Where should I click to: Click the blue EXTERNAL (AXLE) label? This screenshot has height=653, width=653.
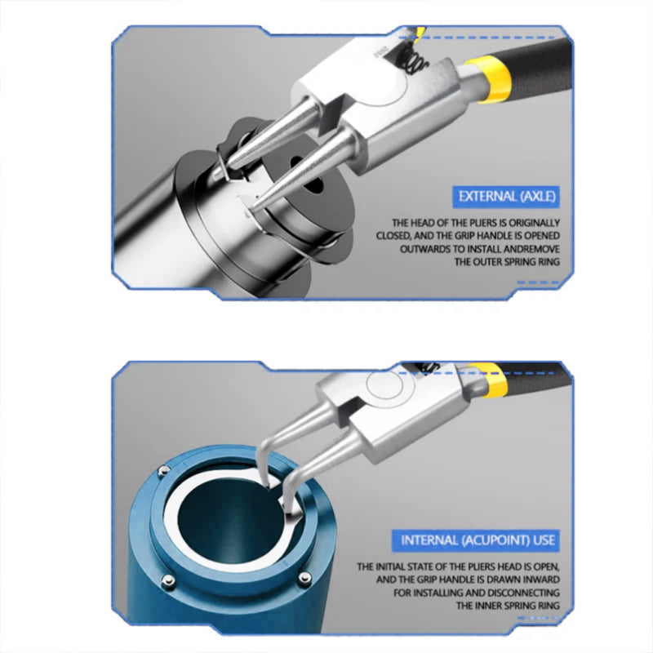pyautogui.click(x=505, y=197)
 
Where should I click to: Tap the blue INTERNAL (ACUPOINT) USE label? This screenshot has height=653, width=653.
pyautogui.click(x=475, y=540)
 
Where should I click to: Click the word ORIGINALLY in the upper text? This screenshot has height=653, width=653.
pyautogui.click(x=534, y=223)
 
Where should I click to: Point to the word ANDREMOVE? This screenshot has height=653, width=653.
pyautogui.click(x=531, y=249)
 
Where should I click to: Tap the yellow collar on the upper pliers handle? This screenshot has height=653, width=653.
pyautogui.click(x=489, y=79)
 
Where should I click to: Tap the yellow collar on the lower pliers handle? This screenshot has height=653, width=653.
pyautogui.click(x=490, y=379)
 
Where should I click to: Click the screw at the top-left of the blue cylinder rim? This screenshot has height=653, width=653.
pyautogui.click(x=165, y=471)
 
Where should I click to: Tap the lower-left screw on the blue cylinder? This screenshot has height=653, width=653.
pyautogui.click(x=168, y=580)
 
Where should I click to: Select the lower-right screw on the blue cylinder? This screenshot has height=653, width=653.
pyautogui.click(x=305, y=579)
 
